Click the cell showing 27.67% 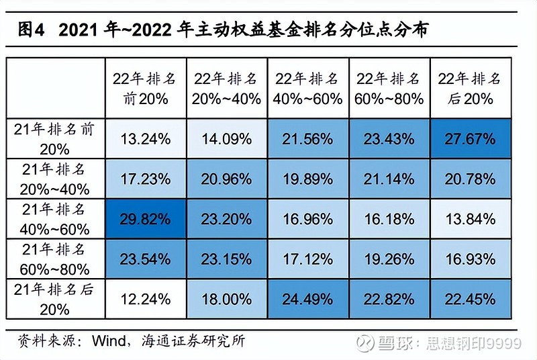[469, 140]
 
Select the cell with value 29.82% [145, 218]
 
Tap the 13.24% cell [145, 140]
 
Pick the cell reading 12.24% [145, 298]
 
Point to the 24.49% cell [308, 298]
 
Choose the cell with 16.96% [308, 218]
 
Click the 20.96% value [226, 179]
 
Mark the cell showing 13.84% [469, 218]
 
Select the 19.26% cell [389, 258]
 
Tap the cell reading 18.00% [226, 298]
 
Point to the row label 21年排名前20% [54, 140]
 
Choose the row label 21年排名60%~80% [54, 258]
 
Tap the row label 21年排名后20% [54, 298]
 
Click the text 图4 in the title [30, 30]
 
